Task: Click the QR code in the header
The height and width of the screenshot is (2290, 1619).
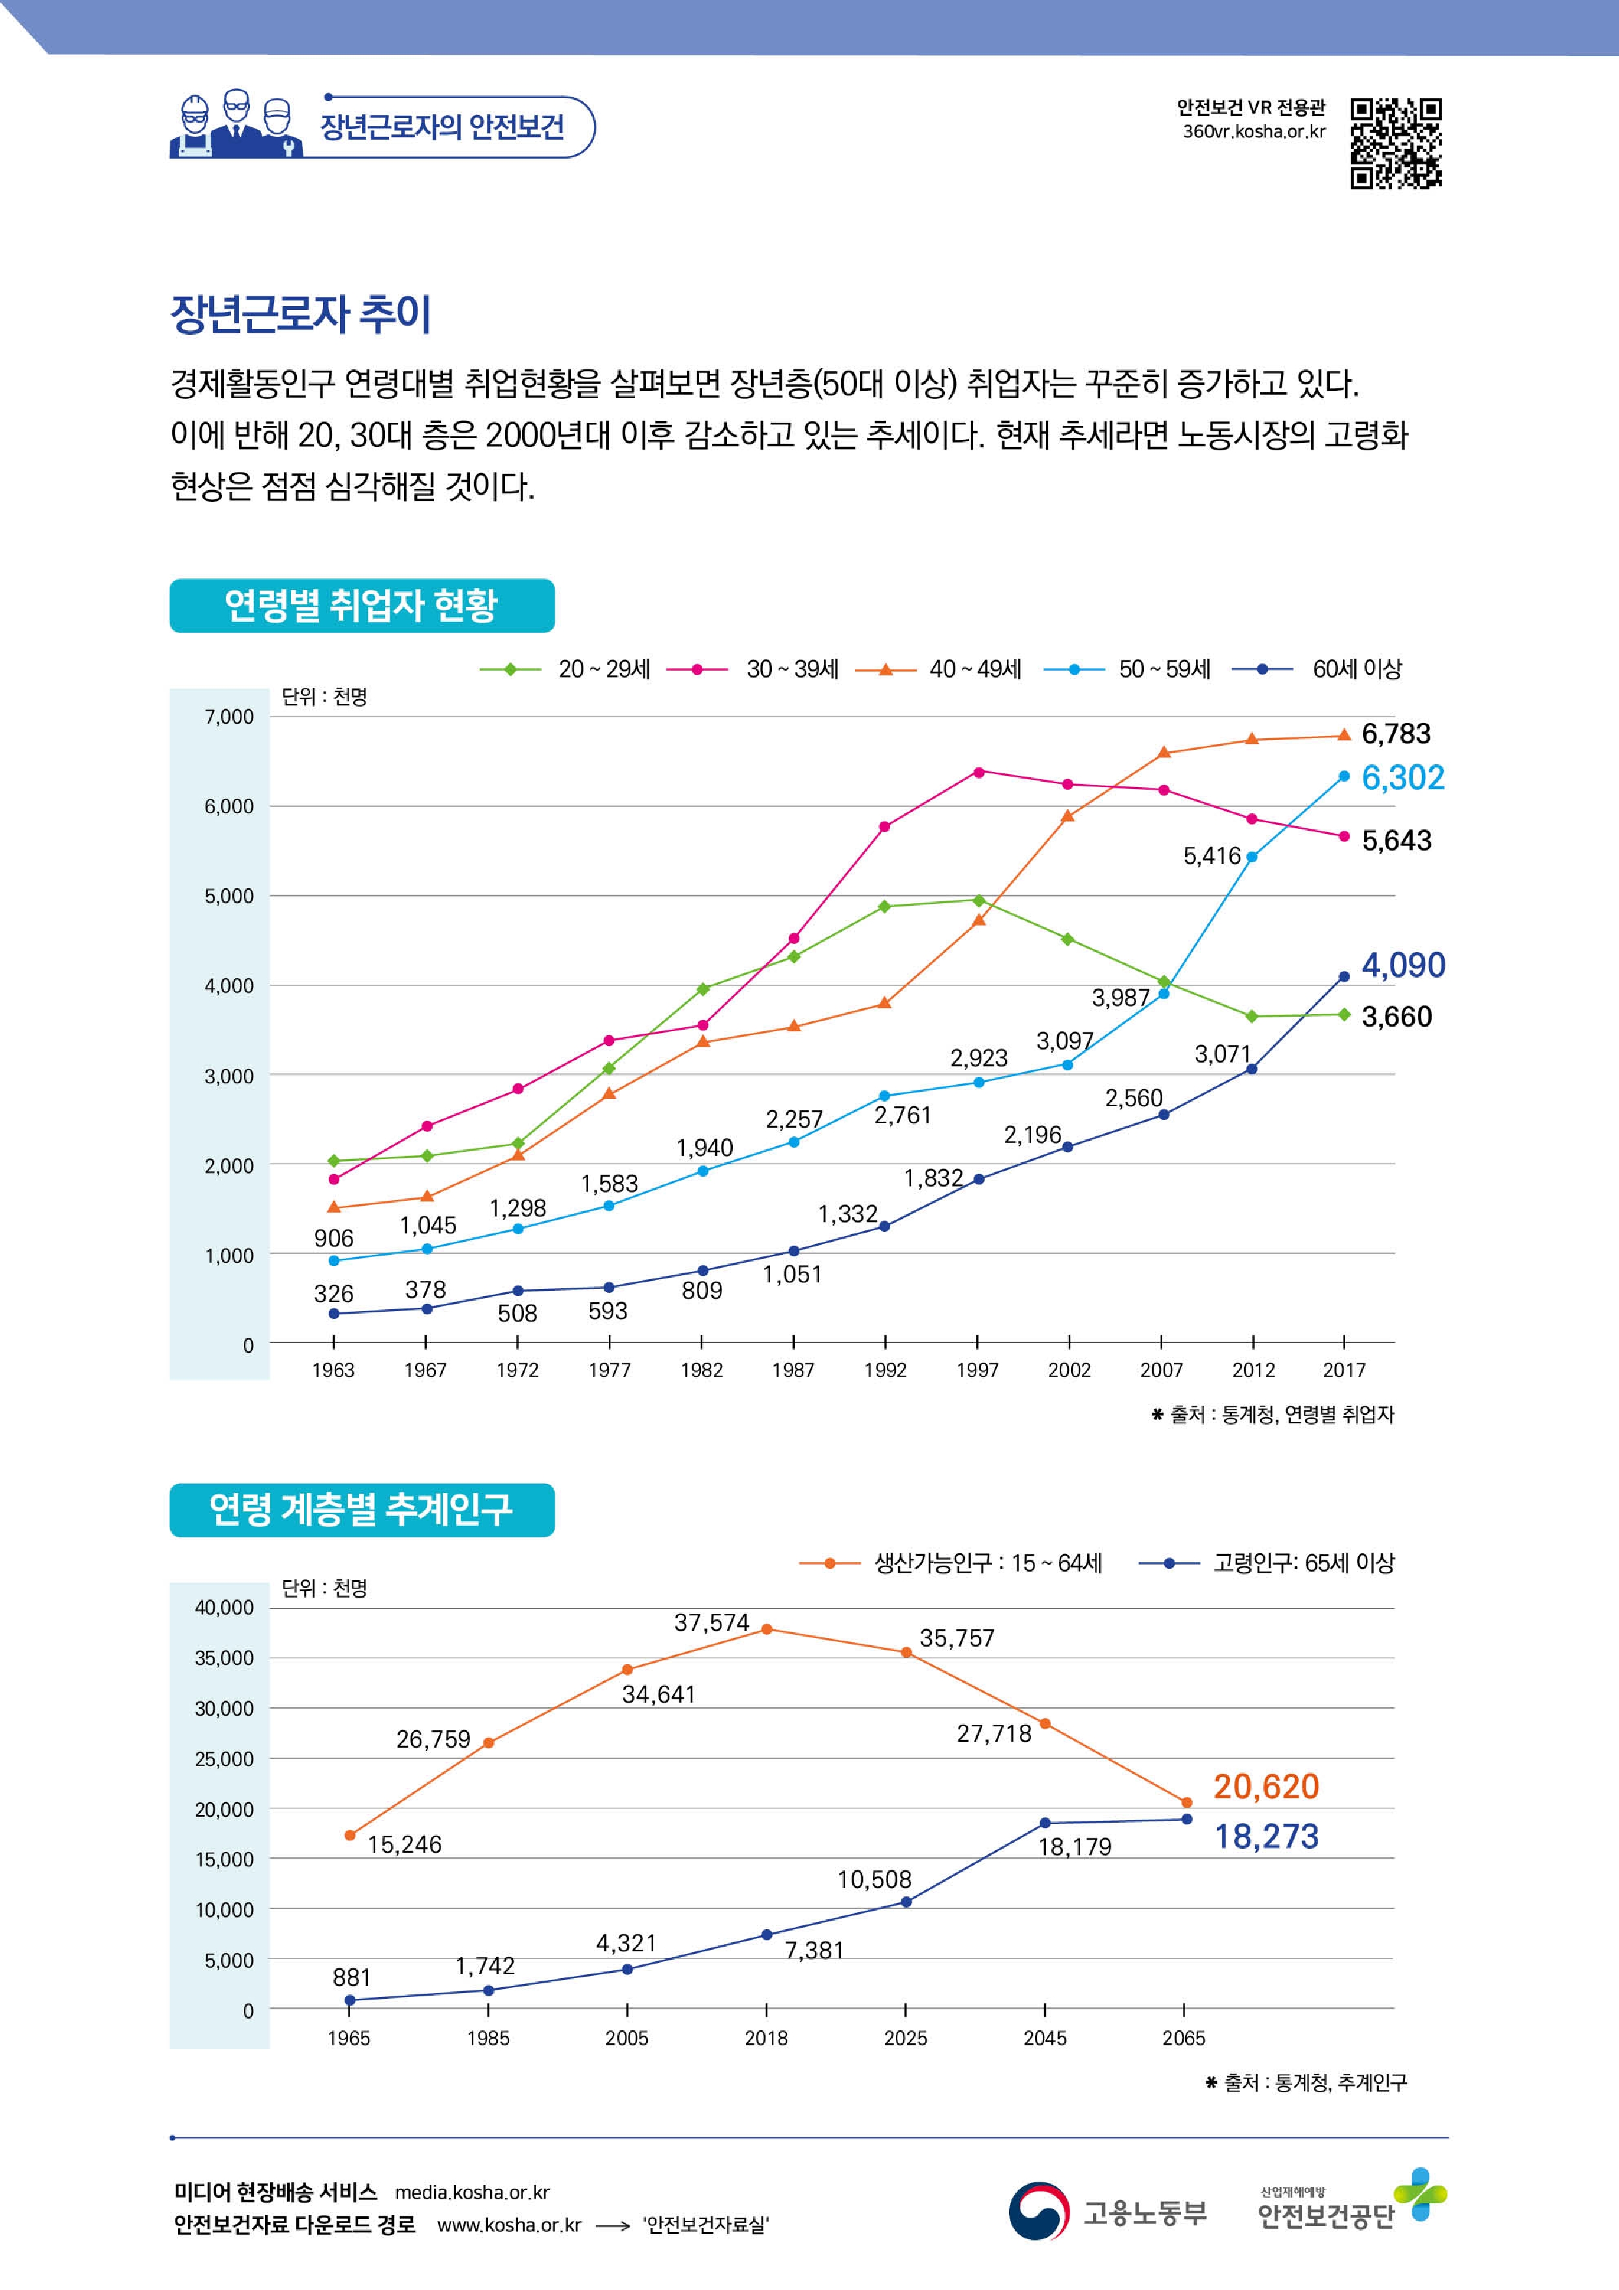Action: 1396,143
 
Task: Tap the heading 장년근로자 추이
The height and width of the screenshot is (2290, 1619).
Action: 301,313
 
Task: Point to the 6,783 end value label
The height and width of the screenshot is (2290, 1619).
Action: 1396,734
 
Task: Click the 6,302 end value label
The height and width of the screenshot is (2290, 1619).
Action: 1402,778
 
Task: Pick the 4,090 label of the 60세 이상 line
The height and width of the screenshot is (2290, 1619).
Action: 1402,965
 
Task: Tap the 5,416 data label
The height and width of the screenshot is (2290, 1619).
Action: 1211,856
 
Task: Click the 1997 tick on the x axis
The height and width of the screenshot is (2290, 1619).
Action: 977,1370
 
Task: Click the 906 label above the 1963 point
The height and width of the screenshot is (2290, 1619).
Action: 333,1239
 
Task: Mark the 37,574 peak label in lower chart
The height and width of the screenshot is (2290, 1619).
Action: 711,1623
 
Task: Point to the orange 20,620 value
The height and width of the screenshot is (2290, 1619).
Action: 1266,1786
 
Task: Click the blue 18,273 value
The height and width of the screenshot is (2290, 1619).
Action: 1266,1836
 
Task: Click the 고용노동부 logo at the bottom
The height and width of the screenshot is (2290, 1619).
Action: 1107,2213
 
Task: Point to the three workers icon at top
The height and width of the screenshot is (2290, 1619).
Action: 236,126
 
